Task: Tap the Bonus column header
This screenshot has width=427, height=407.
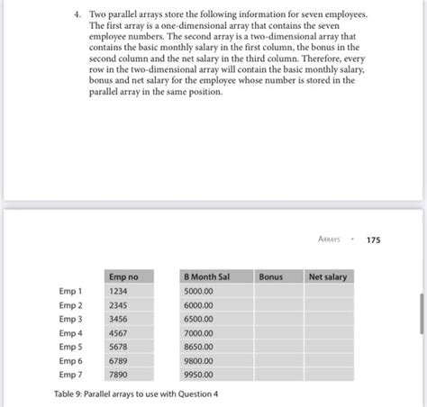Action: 270,276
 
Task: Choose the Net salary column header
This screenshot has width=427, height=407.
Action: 327,276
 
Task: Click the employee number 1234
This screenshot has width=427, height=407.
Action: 118,292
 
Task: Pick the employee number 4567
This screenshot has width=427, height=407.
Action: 118,333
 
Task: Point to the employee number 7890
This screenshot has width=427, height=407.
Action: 118,374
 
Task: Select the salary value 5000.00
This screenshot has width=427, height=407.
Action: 199,292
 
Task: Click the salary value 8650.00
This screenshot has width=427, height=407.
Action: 199,347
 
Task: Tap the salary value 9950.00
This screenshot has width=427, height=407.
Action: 199,374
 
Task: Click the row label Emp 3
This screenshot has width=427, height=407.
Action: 70,319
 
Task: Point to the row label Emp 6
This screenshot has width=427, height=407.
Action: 70,360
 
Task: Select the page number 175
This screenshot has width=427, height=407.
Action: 373,240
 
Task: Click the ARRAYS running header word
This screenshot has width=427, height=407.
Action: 334,240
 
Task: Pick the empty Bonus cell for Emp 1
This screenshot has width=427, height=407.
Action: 278,292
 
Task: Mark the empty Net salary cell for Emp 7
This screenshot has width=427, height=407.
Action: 331,374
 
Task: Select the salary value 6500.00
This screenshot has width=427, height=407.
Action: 199,319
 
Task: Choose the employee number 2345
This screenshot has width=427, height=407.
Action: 118,305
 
